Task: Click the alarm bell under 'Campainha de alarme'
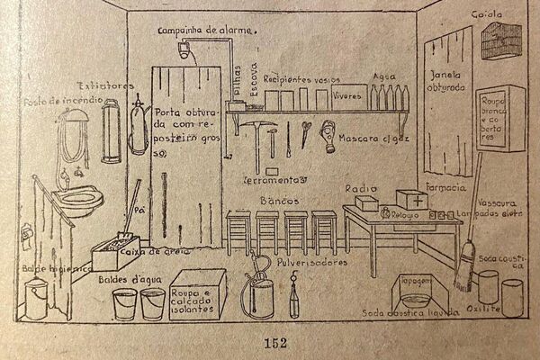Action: tap(185, 51)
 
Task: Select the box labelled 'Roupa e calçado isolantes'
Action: tap(196, 292)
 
